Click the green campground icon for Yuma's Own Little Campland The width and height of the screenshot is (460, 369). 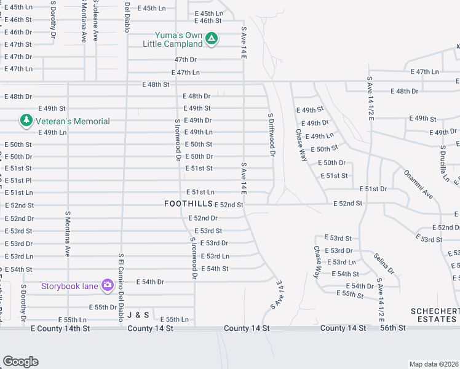point(211,39)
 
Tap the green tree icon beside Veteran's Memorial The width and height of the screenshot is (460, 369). point(26,120)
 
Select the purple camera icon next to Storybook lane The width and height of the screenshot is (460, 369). point(108,285)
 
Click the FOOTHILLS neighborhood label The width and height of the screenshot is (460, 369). point(188,204)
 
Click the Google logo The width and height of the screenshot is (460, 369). point(20,362)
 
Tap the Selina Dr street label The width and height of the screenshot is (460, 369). point(384,263)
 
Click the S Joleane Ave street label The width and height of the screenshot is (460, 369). point(95,20)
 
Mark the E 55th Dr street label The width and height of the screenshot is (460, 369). point(103,307)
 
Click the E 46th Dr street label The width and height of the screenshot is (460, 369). point(18,32)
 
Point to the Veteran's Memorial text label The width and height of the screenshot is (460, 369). point(73,121)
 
